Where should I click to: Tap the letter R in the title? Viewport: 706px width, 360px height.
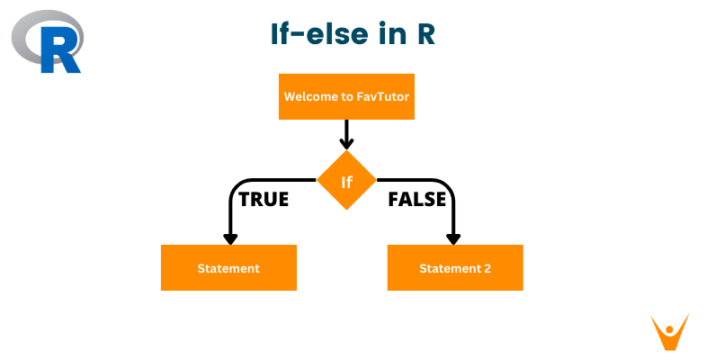[424, 34]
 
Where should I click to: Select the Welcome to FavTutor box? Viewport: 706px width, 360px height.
[346, 96]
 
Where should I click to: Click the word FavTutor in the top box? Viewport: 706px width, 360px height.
[381, 96]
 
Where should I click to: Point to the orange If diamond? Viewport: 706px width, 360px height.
[346, 181]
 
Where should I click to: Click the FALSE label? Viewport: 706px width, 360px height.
[416, 200]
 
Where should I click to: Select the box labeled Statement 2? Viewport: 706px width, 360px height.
[455, 268]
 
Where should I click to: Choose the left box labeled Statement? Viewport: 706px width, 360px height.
[228, 268]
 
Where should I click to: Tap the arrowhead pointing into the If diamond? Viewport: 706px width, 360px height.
[346, 143]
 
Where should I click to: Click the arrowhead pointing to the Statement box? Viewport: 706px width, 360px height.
[230, 238]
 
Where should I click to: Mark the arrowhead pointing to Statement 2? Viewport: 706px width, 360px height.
[453, 238]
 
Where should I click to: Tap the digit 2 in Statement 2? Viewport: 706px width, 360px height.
[487, 268]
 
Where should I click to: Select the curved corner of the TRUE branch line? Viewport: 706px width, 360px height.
[236, 185]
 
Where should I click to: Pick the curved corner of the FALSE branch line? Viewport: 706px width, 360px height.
[448, 185]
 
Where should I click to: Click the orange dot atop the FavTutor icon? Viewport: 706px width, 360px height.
[668, 325]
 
